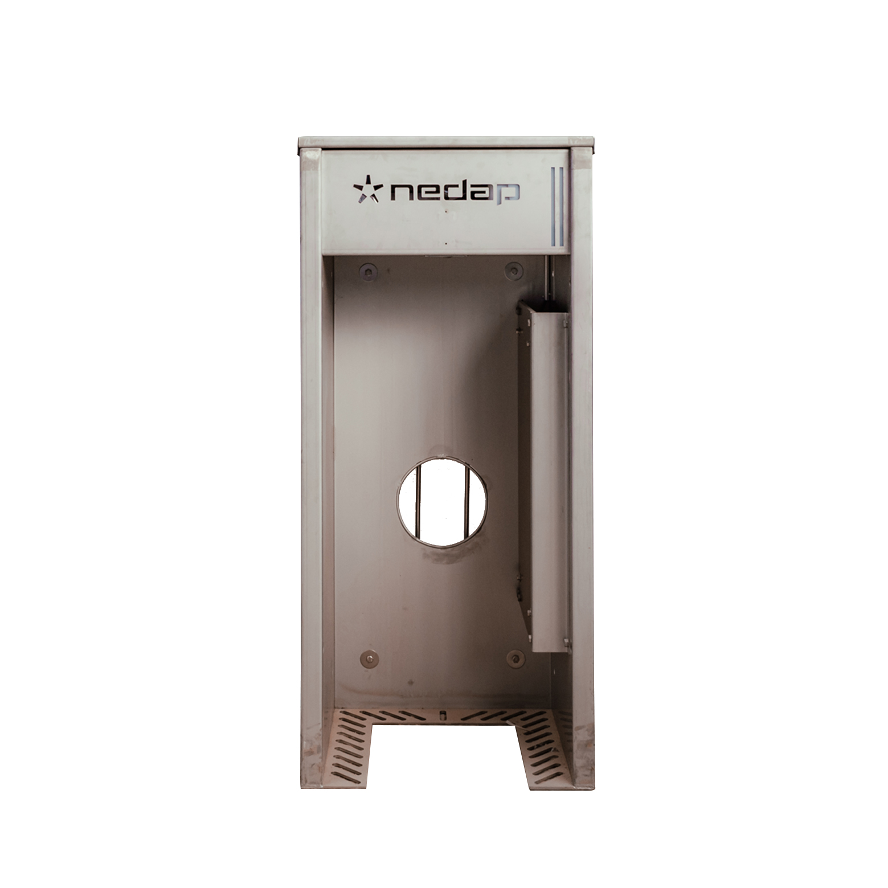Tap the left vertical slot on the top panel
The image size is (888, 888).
(554, 205)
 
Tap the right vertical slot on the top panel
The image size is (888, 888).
(561, 205)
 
